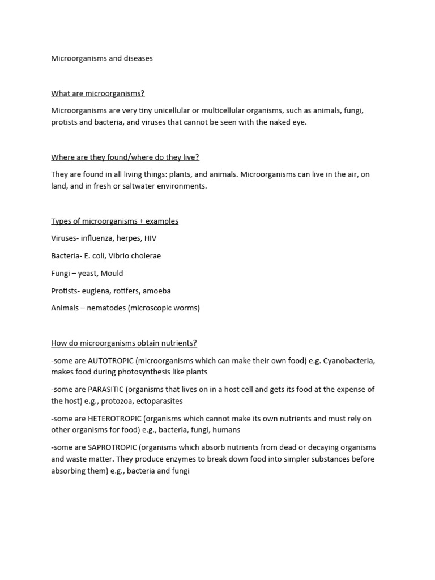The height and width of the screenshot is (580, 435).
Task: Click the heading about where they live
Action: [x=125, y=157]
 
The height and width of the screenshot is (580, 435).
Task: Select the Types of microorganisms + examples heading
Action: [x=114, y=221]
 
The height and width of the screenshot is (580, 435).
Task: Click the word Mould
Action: [x=112, y=274]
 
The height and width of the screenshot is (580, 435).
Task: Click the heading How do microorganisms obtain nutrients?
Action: [x=124, y=343]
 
